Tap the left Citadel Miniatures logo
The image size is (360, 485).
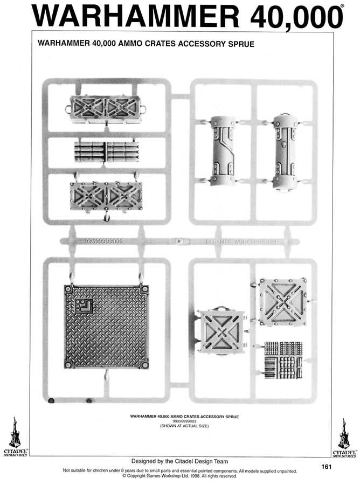15,436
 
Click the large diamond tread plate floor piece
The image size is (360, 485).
106,327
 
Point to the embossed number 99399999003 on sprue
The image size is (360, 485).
105,241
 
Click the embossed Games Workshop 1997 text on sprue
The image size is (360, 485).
248,242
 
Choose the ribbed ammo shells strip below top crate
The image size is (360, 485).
106,151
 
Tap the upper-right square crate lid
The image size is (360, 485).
282,302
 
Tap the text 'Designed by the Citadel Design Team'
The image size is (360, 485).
179,461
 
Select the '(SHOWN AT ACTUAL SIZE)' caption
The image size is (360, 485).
184,426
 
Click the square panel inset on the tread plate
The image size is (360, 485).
84,307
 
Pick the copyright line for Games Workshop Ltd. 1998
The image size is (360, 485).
179,476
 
